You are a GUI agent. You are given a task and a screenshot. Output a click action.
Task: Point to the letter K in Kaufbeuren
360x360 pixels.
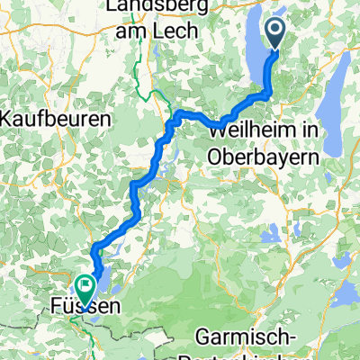[x=12, y=118]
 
